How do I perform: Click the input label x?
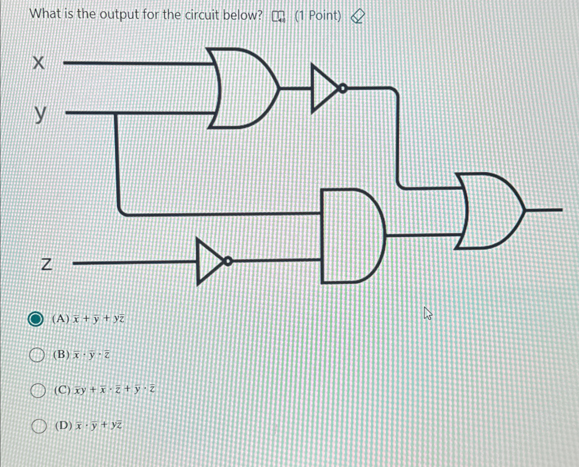(39, 63)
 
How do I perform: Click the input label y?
(40, 114)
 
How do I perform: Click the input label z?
(46, 265)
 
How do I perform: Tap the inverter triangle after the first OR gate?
(323, 89)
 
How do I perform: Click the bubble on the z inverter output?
(228, 261)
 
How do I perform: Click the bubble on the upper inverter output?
(342, 89)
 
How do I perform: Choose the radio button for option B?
(36, 355)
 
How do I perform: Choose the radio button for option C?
(38, 391)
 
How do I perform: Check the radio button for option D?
(39, 426)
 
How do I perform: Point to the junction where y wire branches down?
(116, 113)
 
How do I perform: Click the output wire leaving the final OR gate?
(544, 210)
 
